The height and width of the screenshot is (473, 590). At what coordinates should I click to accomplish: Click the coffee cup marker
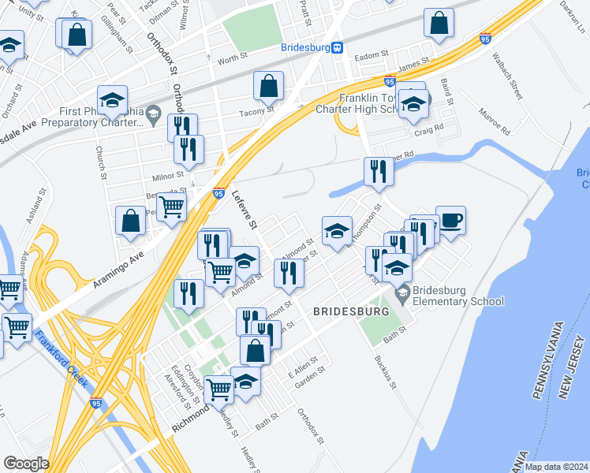450,220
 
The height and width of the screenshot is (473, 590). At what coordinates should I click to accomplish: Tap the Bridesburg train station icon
337,47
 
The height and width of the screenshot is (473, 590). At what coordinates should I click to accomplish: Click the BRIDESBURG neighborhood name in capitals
351,312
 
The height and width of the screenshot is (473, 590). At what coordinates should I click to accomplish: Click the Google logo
26,464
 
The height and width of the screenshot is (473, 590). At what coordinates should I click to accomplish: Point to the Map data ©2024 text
555,467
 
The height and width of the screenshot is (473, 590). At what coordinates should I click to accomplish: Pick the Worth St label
233,59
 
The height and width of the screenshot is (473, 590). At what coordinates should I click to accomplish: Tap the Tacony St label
256,111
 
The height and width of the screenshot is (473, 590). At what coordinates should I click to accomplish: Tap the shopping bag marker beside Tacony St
269,87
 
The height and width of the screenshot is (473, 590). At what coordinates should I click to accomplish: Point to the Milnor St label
169,175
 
